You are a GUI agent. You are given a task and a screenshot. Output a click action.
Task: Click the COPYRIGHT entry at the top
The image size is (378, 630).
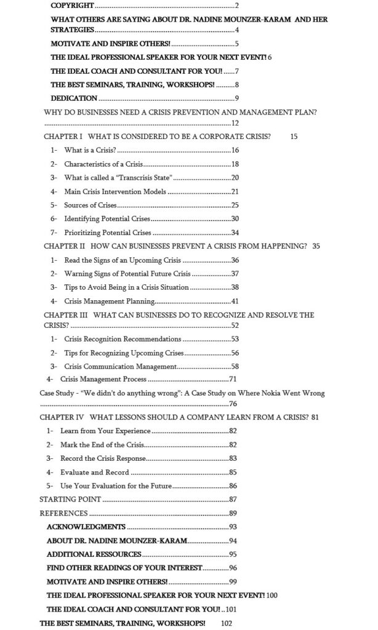tap(73, 6)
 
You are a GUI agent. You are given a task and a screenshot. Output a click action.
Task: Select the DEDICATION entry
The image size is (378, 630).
tap(74, 98)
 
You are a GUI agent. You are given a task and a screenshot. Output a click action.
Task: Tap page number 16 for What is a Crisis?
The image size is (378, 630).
tap(235, 150)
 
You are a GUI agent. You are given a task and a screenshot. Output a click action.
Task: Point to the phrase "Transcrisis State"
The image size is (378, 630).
tap(141, 178)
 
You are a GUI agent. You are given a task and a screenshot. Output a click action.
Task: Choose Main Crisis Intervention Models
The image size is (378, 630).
tap(115, 191)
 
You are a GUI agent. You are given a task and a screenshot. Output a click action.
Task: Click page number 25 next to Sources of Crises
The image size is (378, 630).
tap(235, 205)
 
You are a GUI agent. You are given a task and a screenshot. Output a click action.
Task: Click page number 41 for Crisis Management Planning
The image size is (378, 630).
tap(235, 301)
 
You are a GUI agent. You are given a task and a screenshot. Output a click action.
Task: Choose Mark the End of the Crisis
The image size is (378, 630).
tap(100, 445)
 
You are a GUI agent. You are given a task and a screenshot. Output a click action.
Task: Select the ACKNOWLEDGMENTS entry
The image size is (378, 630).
tap(86, 527)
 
